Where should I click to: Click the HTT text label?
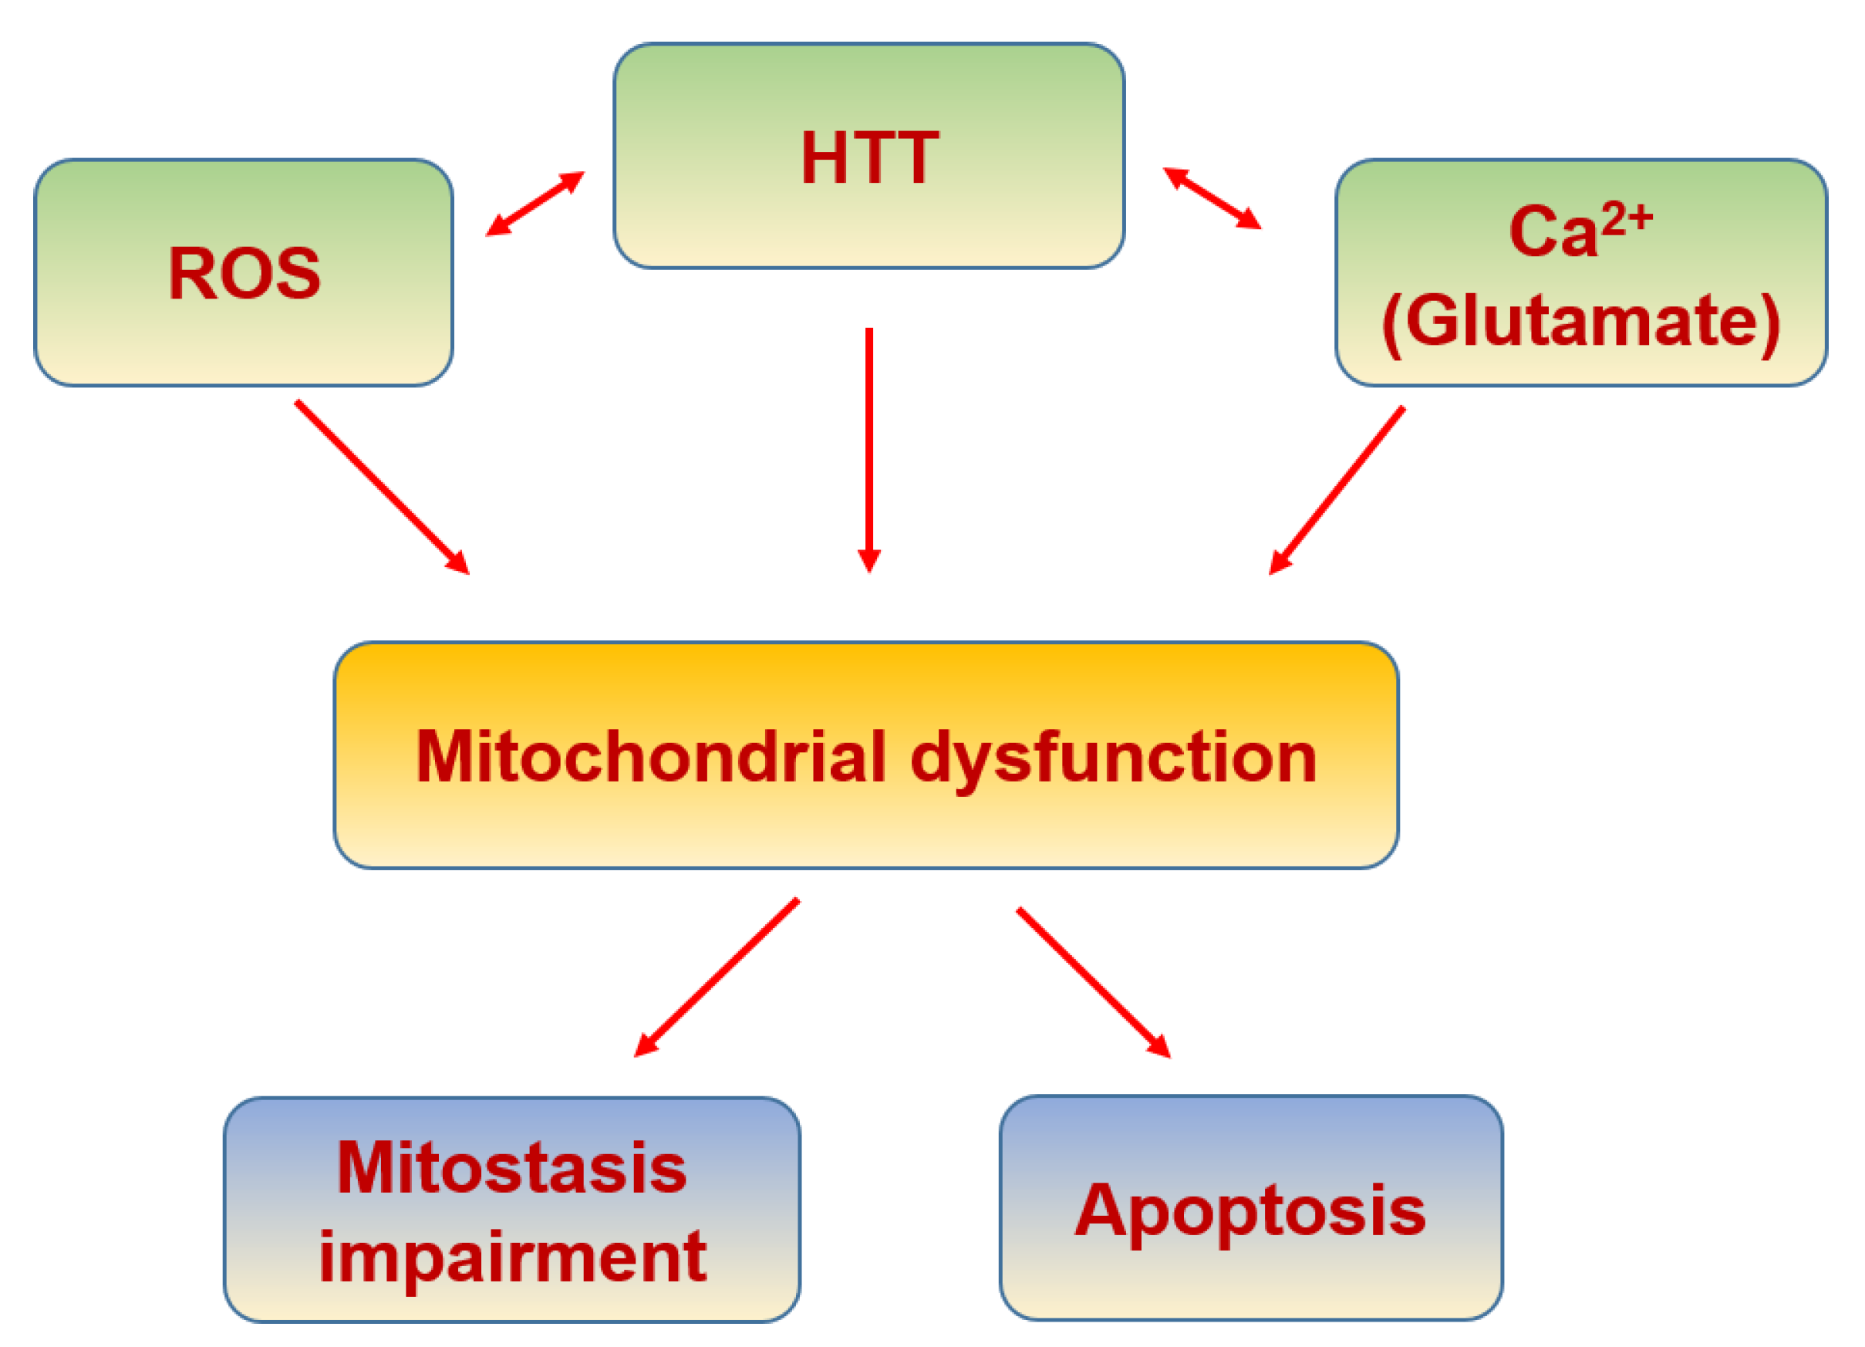[x=869, y=158]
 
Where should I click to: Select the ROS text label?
[x=245, y=273]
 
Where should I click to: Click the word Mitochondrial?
[x=650, y=758]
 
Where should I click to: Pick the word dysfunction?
[x=1114, y=759]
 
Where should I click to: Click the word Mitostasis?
[x=511, y=1169]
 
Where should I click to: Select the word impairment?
[x=512, y=1257]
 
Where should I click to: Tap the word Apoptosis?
[x=1250, y=1211]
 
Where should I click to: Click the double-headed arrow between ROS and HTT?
[x=535, y=204]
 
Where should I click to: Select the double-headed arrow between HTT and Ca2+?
[x=1212, y=198]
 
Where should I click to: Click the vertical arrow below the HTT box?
[x=869, y=444]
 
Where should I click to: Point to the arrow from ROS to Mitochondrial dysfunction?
[x=382, y=487]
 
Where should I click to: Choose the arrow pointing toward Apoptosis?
[x=1093, y=981]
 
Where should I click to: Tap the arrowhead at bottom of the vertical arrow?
[x=869, y=561]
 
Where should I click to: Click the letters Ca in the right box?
[x=1553, y=232]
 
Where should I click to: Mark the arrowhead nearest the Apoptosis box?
[x=1159, y=1047]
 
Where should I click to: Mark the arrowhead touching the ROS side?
[x=497, y=227]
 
